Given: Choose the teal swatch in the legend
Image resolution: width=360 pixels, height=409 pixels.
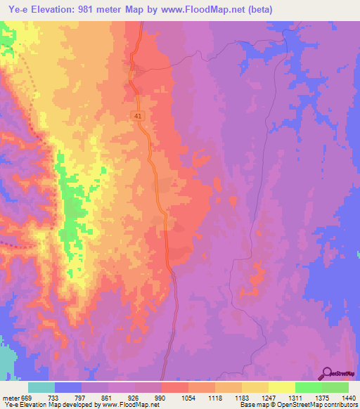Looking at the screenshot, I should [41, 388].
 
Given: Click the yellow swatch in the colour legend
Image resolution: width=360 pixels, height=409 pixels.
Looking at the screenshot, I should [281, 388].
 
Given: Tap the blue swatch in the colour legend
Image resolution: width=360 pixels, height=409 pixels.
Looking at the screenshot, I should [68, 388].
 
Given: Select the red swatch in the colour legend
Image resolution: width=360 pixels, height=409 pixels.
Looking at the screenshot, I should [174, 388].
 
